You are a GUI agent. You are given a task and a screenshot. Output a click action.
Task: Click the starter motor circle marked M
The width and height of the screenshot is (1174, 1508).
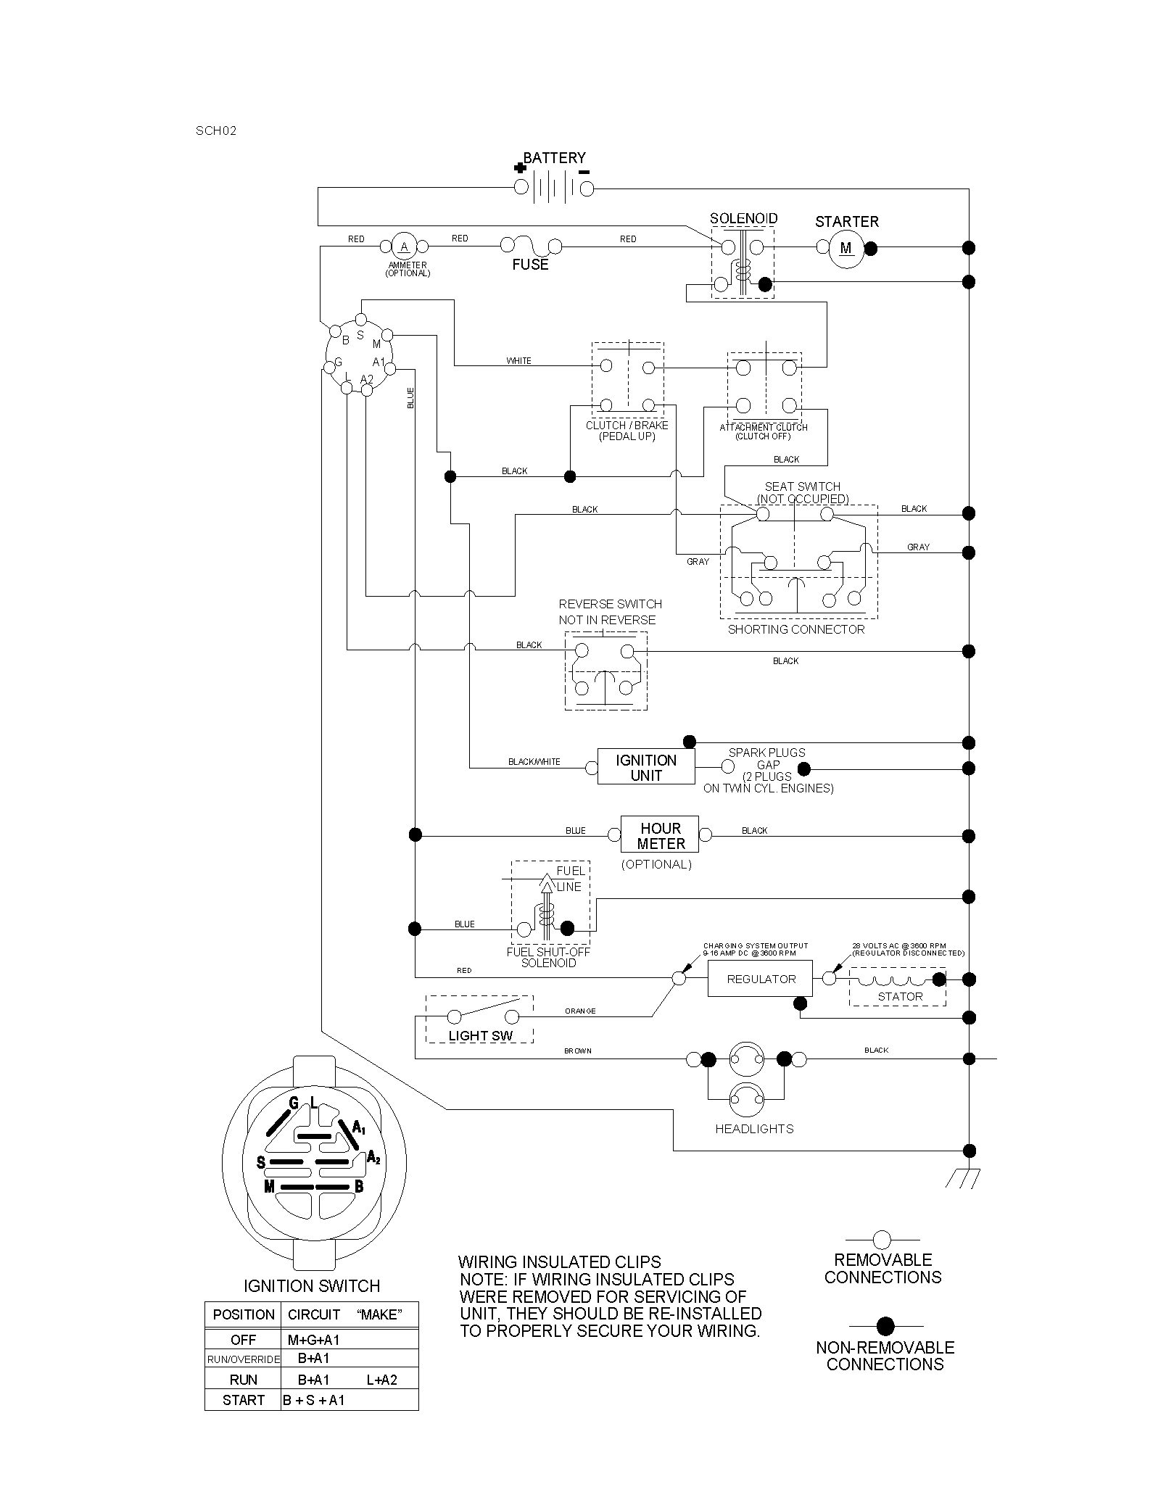tap(846, 248)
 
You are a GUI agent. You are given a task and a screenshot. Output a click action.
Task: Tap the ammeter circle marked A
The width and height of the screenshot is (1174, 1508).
tap(404, 246)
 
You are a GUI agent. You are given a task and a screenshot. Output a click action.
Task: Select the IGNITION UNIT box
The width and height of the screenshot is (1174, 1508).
tap(646, 767)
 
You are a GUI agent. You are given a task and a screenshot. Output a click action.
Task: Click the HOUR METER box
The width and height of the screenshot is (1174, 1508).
tap(660, 835)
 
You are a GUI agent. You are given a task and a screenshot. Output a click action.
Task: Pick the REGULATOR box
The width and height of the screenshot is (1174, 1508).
tap(761, 979)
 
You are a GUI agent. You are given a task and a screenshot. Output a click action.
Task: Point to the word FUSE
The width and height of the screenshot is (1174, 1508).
tap(530, 265)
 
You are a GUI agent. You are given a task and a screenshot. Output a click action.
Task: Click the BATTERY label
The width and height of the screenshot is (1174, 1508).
tap(555, 158)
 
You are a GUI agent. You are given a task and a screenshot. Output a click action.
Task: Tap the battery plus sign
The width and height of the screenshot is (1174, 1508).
tap(519, 168)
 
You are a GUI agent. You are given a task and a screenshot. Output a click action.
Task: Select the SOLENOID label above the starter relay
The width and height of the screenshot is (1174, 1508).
tap(743, 218)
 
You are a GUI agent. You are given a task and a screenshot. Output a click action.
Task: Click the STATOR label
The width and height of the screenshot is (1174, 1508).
tap(900, 997)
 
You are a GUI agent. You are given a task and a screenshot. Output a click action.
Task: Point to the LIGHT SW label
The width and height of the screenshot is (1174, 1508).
tap(480, 1036)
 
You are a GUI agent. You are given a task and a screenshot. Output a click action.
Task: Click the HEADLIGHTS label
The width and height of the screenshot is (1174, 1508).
tap(754, 1129)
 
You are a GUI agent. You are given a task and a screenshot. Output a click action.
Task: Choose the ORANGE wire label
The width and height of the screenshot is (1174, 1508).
tap(580, 1011)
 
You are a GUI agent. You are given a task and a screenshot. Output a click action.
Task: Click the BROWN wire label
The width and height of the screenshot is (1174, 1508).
tap(578, 1051)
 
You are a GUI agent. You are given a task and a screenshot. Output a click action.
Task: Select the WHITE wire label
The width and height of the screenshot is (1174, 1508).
tap(518, 361)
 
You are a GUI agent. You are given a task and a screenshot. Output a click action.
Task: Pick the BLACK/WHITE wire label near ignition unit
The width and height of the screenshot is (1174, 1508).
tap(534, 762)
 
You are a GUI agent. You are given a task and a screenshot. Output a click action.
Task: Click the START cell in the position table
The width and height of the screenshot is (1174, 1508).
tap(243, 1400)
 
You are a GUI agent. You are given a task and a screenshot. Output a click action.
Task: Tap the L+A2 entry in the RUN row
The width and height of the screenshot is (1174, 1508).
tap(381, 1380)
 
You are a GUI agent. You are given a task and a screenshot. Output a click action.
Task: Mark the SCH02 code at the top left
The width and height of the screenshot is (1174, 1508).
tap(216, 131)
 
